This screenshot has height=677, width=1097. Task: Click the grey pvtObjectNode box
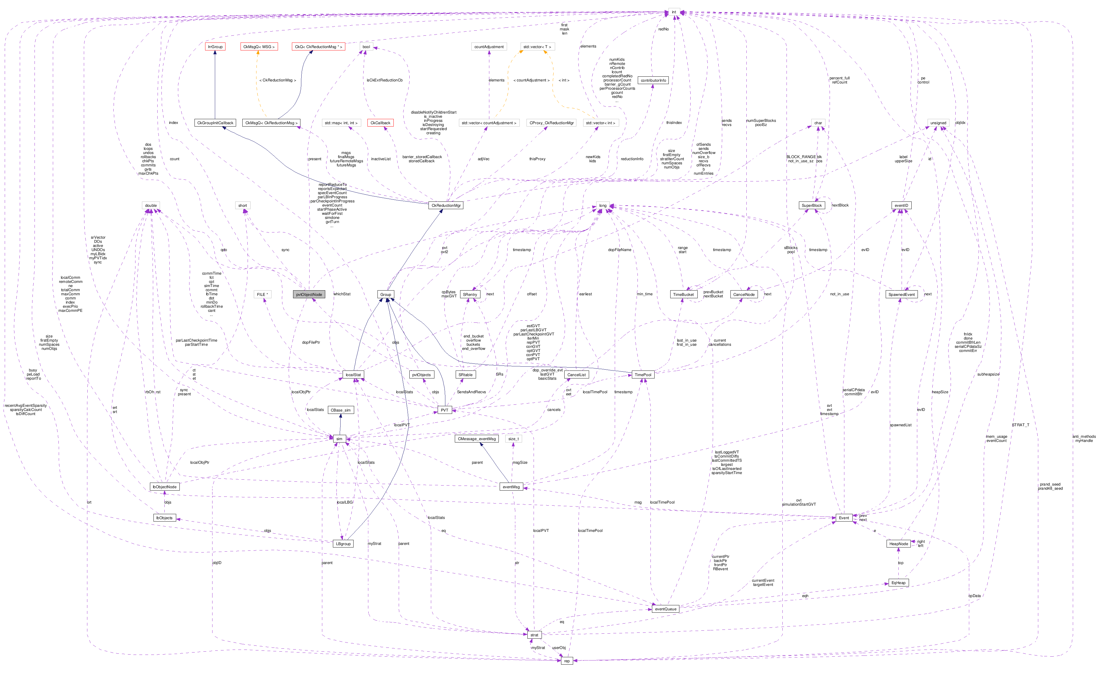pos(309,294)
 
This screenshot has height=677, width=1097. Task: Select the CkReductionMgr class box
pos(445,206)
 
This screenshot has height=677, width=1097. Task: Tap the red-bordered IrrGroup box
pos(215,47)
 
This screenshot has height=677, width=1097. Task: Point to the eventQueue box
pos(665,609)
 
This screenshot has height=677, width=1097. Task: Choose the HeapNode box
pos(898,544)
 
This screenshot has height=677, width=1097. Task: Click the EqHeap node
pos(898,583)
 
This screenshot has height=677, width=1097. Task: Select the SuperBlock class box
pos(811,206)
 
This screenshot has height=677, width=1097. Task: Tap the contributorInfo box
pos(653,81)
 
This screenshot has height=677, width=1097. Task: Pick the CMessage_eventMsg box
pos(477,439)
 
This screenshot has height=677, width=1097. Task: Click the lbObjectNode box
pos(164,487)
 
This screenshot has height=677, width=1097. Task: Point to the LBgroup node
pos(343,544)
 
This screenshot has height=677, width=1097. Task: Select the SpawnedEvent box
pos(901,294)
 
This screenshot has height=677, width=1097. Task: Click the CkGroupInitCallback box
pos(215,123)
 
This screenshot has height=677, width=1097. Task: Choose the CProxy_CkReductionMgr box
pos(551,123)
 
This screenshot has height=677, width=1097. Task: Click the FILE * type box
pos(262,294)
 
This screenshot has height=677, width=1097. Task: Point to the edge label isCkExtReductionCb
pos(384,80)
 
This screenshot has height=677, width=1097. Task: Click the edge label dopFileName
pos(619,250)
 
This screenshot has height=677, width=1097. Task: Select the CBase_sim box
pos(340,410)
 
